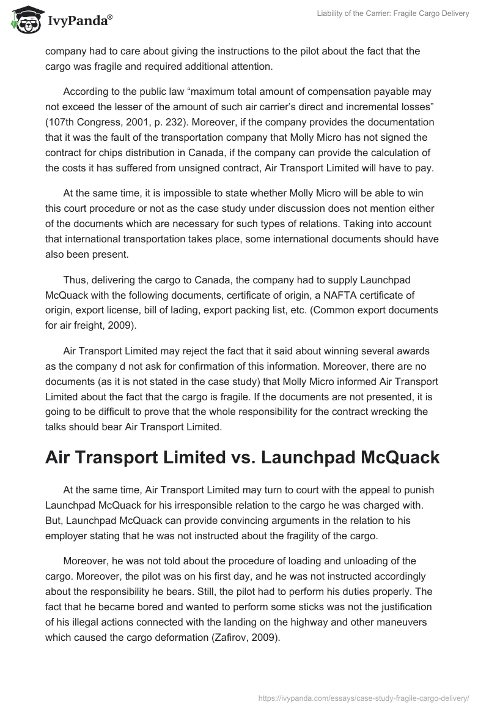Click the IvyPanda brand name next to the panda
78,21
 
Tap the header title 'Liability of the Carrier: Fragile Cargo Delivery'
393,14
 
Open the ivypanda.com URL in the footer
363,696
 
